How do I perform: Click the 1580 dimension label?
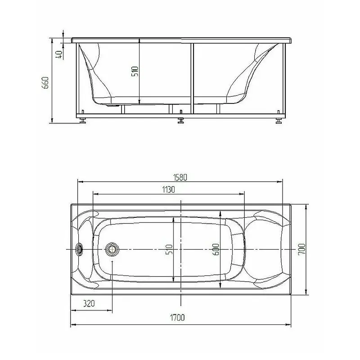click(180, 177)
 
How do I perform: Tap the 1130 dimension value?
click(168, 189)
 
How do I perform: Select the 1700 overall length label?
click(177, 318)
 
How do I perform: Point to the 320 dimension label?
click(89, 303)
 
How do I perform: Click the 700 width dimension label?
click(301, 249)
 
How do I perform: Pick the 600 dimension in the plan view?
click(216, 249)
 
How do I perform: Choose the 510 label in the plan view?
click(169, 249)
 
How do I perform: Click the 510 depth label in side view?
click(135, 71)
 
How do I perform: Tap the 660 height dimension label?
click(45, 83)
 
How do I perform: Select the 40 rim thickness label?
click(59, 54)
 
